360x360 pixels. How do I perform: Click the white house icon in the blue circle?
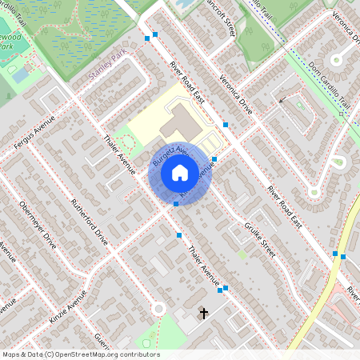click(180, 172)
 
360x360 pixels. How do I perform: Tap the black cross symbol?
click(204, 313)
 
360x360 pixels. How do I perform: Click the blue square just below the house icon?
click(176, 205)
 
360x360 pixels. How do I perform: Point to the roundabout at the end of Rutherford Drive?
click(158, 309)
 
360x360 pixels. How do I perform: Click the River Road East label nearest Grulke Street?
click(284, 206)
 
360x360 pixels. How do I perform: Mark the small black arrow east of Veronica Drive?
click(282, 99)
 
